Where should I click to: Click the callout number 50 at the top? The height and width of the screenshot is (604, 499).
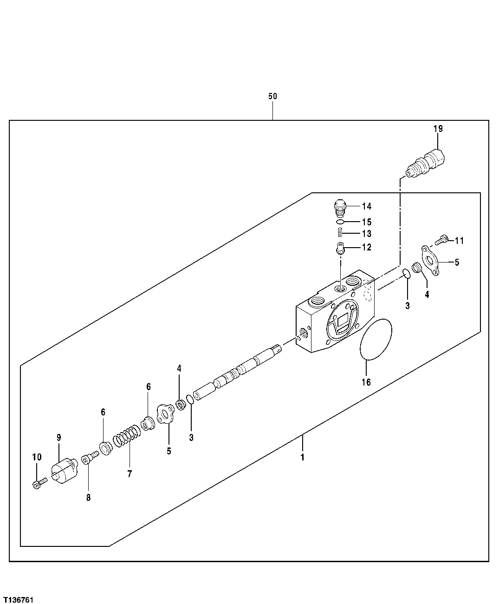point(272,96)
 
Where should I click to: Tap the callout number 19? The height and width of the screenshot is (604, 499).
point(438,129)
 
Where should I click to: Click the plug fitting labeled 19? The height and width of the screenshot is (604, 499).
point(426,163)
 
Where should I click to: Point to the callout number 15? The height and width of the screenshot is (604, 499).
point(367,222)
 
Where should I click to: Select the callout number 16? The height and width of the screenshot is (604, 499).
point(366,382)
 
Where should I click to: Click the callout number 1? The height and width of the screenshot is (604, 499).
point(302,457)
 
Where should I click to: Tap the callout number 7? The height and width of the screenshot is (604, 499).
point(130,474)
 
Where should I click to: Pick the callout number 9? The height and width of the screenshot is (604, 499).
point(59,437)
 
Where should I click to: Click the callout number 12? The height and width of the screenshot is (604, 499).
point(367,247)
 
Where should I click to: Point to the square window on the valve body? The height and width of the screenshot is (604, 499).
point(344,322)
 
